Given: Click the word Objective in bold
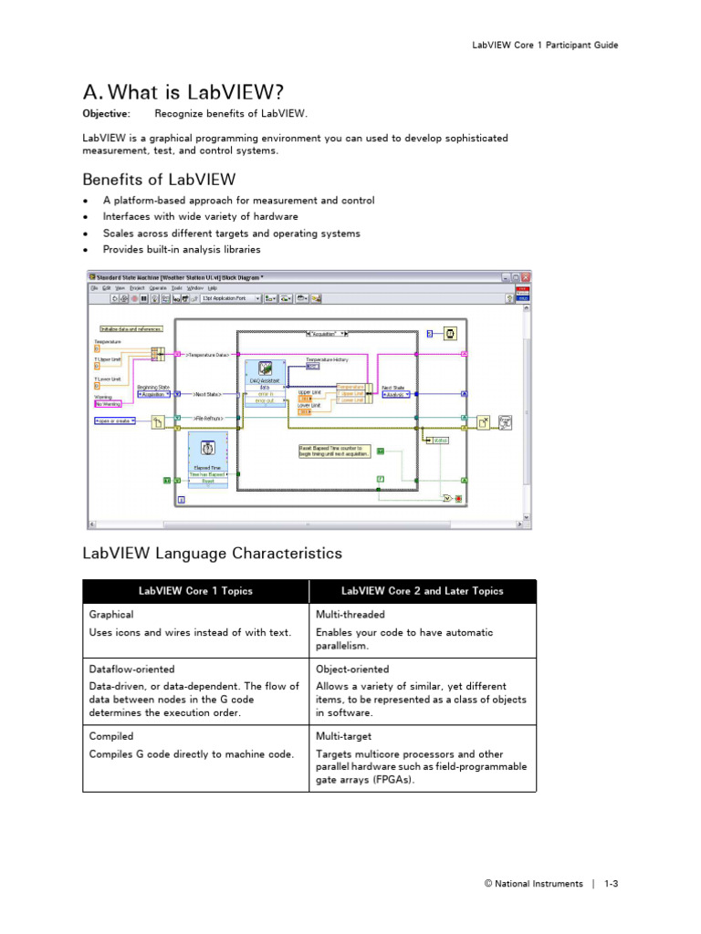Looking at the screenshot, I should point(106,114).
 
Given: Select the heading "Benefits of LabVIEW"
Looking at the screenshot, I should point(159,179).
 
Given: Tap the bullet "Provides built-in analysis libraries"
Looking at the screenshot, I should point(181,249).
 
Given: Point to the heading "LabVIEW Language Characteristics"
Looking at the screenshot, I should point(212,553).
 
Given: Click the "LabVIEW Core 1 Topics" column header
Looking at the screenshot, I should point(195,591).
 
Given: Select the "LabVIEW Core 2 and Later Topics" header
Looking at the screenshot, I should point(423,591).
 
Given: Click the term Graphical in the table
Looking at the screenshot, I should point(111,615).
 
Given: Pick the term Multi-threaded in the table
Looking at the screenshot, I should point(350,615).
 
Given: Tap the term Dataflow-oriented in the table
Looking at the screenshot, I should point(131,669).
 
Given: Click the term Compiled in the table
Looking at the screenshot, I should point(111,736).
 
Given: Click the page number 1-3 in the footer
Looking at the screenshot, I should point(611,883).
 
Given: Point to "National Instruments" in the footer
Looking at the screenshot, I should point(539,883).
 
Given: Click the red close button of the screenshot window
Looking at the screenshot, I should point(526,277).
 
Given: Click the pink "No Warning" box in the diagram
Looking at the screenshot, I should point(109,404).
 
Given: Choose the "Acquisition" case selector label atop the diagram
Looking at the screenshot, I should point(328,334).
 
